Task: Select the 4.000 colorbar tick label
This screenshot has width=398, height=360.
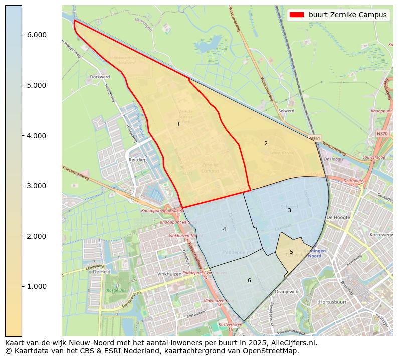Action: [x=36, y=136]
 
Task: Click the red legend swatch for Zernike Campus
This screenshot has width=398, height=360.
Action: [x=297, y=15]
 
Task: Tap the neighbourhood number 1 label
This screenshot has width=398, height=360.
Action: [x=178, y=124]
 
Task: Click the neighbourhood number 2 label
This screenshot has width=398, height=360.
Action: [x=266, y=143]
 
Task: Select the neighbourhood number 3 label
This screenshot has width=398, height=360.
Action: [x=289, y=210]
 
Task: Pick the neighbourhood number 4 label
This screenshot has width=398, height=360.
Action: [x=224, y=229]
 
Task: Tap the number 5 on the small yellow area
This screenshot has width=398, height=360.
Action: [x=291, y=252]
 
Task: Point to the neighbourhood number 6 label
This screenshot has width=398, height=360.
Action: [x=249, y=280]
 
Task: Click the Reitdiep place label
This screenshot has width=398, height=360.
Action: [x=137, y=159]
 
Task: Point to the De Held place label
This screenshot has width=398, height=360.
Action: [x=102, y=272]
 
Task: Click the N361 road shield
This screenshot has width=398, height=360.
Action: [x=315, y=138]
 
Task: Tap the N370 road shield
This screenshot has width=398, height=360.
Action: [x=382, y=134]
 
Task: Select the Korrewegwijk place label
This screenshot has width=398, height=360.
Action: [x=381, y=234]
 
